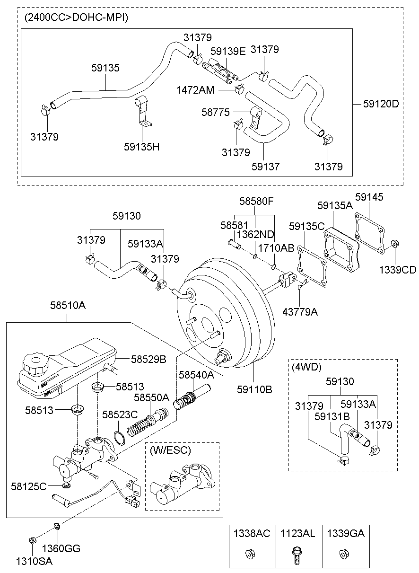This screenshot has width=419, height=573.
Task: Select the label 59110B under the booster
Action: coord(255,389)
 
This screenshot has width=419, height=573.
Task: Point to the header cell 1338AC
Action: coord(252,534)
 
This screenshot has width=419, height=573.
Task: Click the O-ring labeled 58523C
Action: coord(120,438)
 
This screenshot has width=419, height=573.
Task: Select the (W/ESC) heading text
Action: coord(170,451)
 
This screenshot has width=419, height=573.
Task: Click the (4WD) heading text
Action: coord(306,367)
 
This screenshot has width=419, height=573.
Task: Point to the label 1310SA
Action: coord(34,562)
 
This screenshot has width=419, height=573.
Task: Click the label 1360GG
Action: coord(61,549)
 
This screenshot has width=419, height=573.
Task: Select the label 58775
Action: coord(216,112)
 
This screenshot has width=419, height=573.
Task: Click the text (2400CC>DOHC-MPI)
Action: coord(76,18)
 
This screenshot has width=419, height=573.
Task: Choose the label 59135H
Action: coord(142,146)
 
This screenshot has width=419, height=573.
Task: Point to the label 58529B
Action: coord(148,359)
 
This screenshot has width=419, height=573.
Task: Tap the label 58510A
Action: coord(68,306)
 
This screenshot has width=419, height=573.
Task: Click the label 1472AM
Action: coord(195,89)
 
